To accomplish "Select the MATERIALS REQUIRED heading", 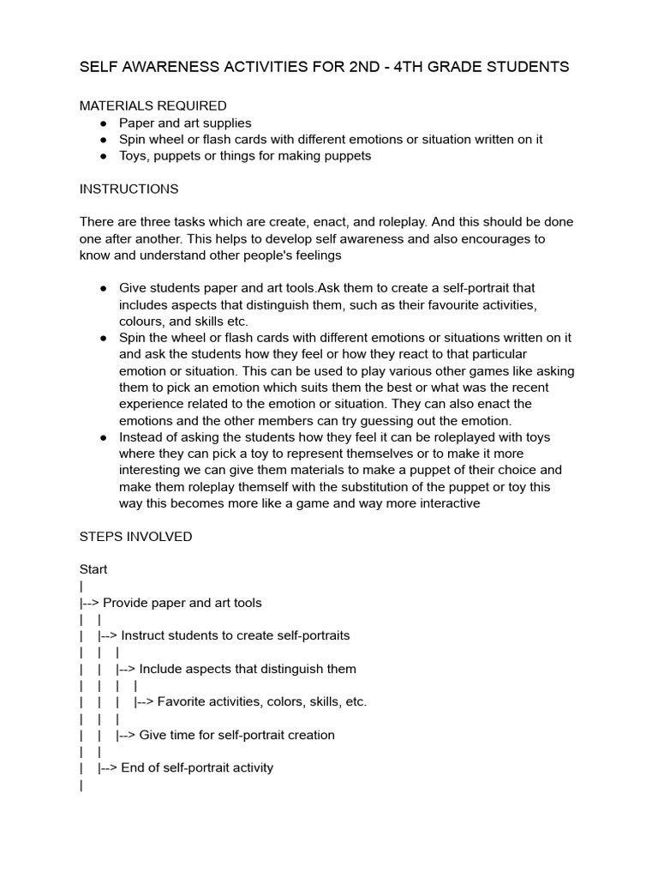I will pos(153,106).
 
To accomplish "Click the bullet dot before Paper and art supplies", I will pos(104,123).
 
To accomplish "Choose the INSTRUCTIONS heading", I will pos(129,189).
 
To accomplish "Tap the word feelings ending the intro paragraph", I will pos(314,255).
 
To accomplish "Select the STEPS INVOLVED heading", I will pos(135,537).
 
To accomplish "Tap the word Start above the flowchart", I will pos(93,569).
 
